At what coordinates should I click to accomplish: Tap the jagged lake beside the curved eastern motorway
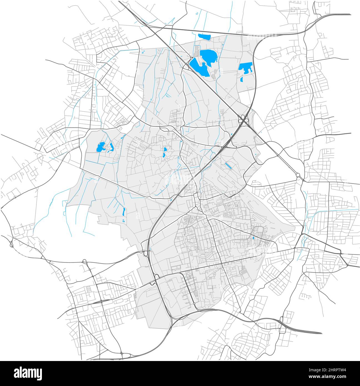245,67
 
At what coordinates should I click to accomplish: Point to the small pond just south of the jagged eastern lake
241,79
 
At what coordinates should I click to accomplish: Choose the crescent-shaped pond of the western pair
112,147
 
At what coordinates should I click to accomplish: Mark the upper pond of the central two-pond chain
165,150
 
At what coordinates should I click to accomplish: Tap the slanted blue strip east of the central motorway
229,166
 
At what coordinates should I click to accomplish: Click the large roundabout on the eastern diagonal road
298,175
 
